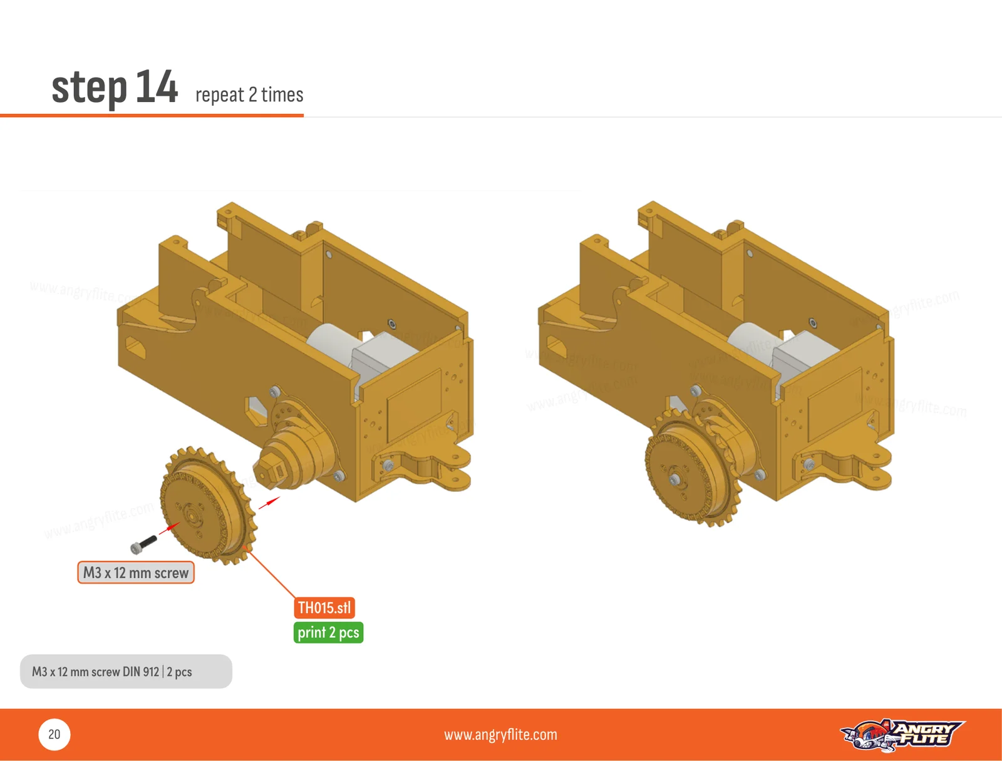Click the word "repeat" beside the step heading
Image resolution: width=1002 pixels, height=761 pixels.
[220, 95]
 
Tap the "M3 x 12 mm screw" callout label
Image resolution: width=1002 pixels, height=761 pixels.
[135, 572]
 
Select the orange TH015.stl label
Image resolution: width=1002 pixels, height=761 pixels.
[324, 607]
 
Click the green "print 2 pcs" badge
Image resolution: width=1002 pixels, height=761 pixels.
[328, 633]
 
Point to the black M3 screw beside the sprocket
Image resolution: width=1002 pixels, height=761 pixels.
[143, 544]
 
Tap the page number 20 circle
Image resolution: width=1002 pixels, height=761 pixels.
[54, 734]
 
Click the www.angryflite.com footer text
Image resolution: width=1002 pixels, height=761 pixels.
[500, 735]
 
